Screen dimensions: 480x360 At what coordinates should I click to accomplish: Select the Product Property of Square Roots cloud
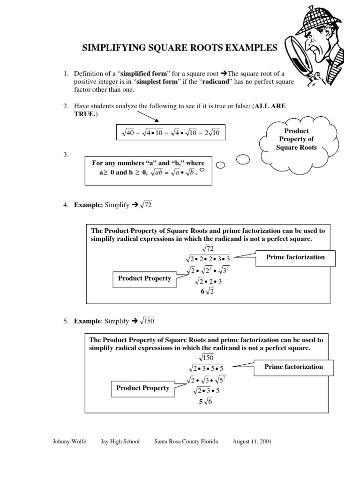pos(298,139)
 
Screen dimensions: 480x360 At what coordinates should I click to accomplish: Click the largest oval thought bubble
pos(243,160)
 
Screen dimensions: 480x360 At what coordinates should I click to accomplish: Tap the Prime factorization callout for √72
pos(295,257)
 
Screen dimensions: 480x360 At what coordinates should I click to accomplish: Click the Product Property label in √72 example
pos(144,278)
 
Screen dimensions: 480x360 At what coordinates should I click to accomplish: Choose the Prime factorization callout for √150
pos(293,367)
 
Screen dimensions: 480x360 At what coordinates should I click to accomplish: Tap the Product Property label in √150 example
pos(143,388)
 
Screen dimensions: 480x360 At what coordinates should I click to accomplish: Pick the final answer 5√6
pos(205,402)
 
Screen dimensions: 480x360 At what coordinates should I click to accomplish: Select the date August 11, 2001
pos(252,442)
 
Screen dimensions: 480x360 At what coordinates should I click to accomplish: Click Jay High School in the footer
pos(120,442)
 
